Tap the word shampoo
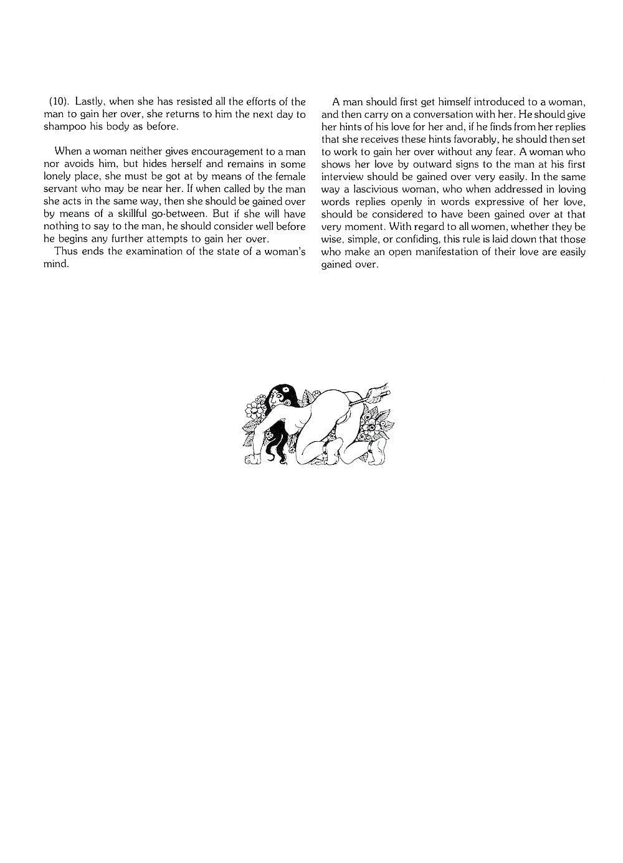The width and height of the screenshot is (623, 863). [x=62, y=126]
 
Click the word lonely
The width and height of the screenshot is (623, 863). [x=58, y=176]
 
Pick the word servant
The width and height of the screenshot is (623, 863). [x=61, y=189]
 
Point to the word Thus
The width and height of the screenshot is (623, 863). [x=65, y=251]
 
